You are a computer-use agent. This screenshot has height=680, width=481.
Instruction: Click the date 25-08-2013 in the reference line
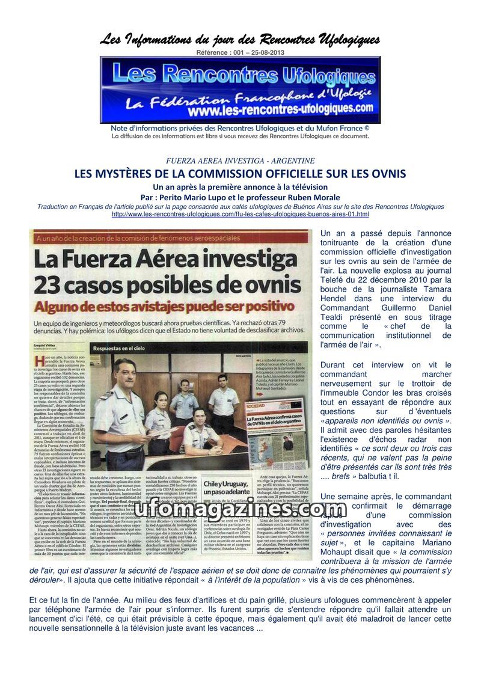(266, 52)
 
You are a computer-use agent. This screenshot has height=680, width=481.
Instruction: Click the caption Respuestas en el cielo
(128, 348)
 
